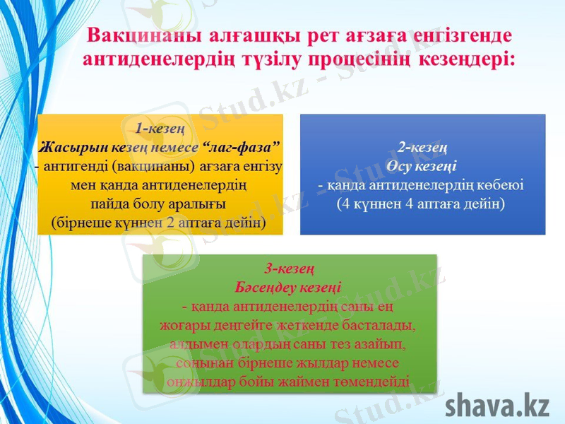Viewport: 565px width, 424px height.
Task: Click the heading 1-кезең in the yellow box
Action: [160, 129]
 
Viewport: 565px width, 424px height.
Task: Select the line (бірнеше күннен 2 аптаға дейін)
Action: [160, 223]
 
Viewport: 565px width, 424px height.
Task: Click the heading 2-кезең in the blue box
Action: [422, 148]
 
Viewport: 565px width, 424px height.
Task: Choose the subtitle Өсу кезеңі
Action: [422, 166]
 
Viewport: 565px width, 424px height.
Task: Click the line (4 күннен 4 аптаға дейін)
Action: [422, 204]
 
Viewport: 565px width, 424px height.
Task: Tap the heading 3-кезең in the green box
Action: [289, 269]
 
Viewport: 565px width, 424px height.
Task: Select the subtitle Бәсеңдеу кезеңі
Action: [289, 288]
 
